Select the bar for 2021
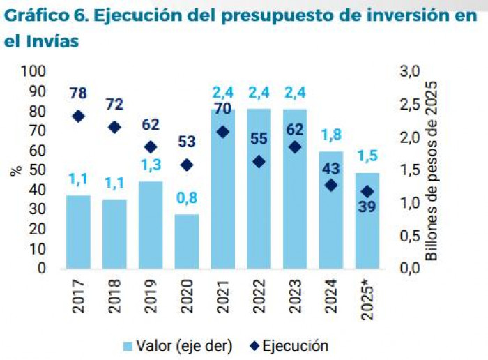(x=223, y=188)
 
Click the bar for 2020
(x=187, y=241)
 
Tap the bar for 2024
(x=331, y=209)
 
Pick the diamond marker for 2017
(x=79, y=117)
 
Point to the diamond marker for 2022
(x=259, y=161)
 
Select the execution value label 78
(x=78, y=93)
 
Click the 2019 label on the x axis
(x=151, y=296)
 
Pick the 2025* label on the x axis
(x=368, y=300)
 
